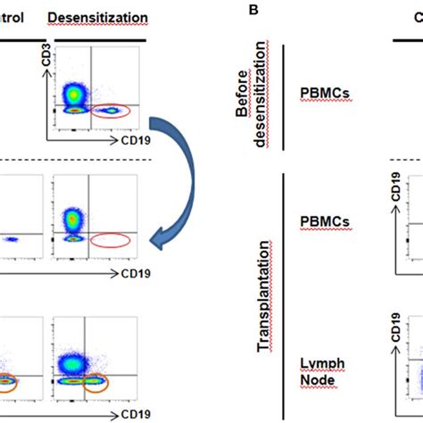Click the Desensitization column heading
pos(98,18)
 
